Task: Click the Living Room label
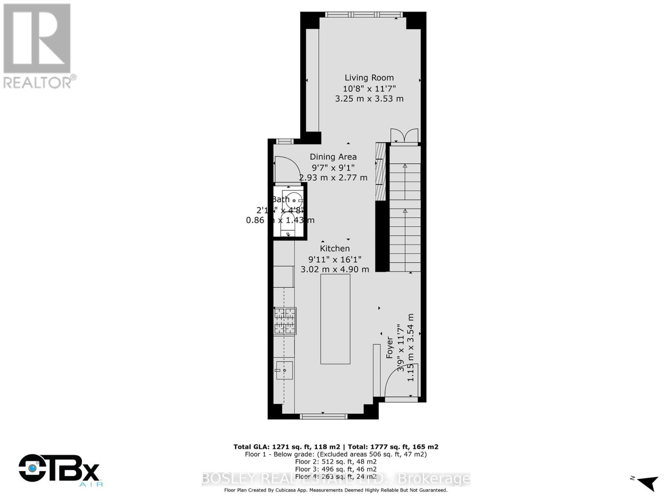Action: click(x=369, y=78)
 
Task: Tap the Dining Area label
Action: click(x=333, y=157)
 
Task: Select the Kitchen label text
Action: click(x=335, y=248)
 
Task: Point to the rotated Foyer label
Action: click(x=390, y=347)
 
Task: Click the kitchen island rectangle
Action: click(x=335, y=319)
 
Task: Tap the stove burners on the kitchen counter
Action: click(x=285, y=321)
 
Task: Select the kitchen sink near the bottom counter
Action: click(x=284, y=370)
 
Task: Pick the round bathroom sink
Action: click(x=293, y=199)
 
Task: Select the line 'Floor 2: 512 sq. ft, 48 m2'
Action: click(x=336, y=462)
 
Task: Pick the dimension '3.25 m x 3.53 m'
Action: click(x=369, y=99)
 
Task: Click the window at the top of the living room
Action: click(x=364, y=15)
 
